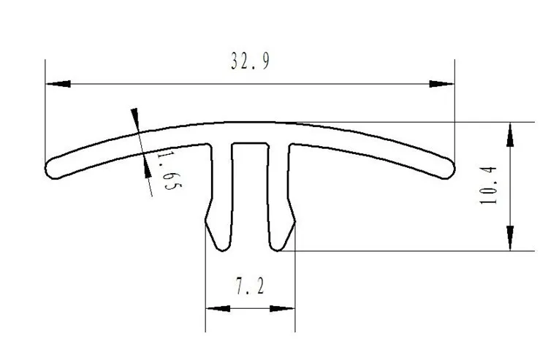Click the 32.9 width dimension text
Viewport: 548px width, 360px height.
click(250, 61)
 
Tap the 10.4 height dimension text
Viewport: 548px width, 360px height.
click(488, 185)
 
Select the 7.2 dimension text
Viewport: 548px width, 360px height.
click(250, 286)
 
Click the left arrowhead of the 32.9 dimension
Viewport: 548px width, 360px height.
click(58, 84)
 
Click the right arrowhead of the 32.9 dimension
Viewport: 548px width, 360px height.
click(442, 84)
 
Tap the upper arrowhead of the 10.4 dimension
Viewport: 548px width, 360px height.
click(510, 135)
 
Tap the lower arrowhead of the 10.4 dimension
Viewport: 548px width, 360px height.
click(510, 238)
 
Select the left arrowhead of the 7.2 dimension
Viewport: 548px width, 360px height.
click(218, 308)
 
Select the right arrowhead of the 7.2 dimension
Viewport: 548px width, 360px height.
click(282, 308)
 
